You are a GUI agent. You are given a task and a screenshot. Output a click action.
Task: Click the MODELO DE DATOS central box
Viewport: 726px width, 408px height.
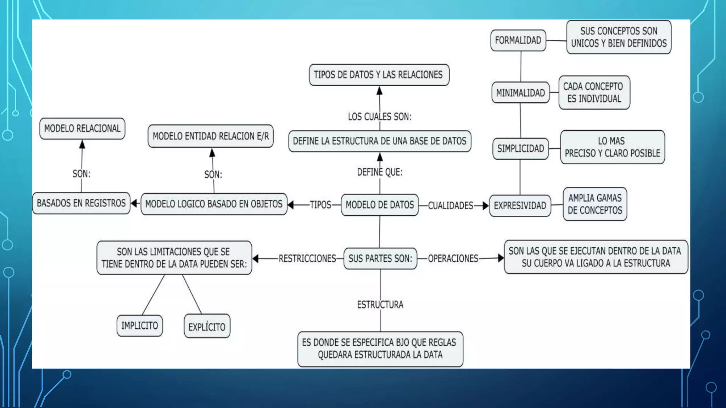point(380,205)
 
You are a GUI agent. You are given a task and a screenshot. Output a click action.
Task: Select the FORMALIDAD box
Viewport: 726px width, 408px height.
point(518,40)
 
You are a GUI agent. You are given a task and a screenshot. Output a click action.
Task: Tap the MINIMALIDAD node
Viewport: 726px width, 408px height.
point(520,93)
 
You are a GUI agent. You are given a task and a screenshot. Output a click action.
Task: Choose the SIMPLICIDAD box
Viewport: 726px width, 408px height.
point(520,148)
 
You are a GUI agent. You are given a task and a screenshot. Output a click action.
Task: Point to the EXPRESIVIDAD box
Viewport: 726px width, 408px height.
point(520,205)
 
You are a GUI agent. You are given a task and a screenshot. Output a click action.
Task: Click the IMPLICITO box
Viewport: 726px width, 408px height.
point(140,325)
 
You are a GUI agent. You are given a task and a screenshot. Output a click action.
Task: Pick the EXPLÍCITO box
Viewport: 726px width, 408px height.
point(207,327)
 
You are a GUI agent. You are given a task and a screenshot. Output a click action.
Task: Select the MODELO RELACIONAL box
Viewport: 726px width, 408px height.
point(82,129)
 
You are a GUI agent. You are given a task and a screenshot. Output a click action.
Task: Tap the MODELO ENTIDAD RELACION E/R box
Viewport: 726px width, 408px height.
point(211,136)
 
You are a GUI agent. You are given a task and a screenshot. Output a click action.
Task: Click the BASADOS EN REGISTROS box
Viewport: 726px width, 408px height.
point(81,203)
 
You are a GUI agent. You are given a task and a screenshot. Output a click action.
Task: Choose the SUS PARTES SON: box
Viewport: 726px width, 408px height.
point(380,259)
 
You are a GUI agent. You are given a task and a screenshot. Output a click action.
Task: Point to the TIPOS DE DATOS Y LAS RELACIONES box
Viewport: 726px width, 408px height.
point(379,75)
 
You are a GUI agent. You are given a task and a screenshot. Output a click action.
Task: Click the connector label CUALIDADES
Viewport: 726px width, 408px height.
point(451,206)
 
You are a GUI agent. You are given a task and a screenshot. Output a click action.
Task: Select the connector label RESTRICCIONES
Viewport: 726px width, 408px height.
point(307,259)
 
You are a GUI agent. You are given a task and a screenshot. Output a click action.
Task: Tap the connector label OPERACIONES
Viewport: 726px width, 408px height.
point(453,259)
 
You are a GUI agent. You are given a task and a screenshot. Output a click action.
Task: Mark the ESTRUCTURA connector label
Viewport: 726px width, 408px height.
point(380,305)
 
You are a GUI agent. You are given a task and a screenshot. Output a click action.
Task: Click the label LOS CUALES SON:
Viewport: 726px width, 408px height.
point(380,117)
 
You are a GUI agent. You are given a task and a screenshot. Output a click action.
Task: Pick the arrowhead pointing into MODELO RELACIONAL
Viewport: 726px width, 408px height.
point(82,144)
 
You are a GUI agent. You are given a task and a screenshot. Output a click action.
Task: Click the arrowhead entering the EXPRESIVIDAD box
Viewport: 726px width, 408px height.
point(486,206)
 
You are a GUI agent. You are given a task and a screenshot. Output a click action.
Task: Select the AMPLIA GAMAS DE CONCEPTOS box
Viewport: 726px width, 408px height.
point(595,204)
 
